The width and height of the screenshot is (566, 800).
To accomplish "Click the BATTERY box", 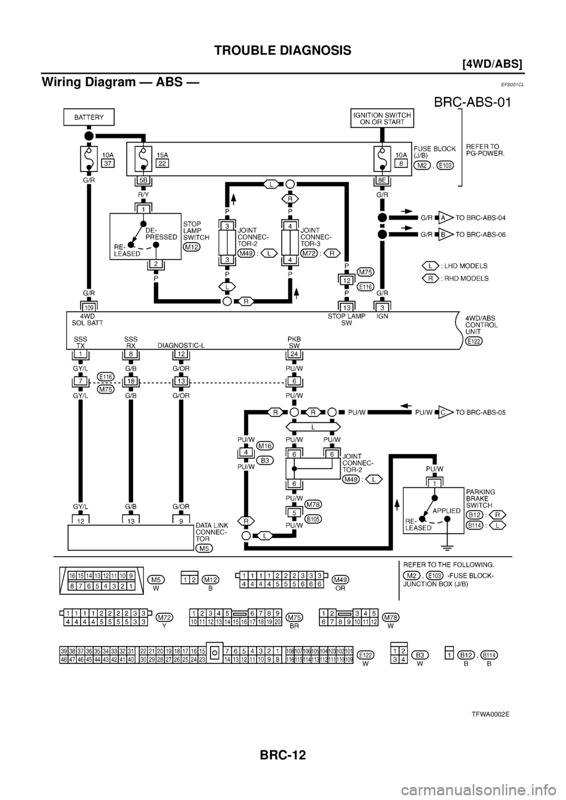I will [x=88, y=118].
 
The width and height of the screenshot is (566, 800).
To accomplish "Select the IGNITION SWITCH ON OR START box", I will [x=383, y=118].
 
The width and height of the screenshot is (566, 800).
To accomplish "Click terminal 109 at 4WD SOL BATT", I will [x=88, y=307].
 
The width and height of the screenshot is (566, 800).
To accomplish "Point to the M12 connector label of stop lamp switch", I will [x=192, y=247].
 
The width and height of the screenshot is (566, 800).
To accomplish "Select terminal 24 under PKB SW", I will [x=293, y=355].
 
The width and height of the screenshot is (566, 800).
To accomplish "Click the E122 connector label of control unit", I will [x=472, y=341].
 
